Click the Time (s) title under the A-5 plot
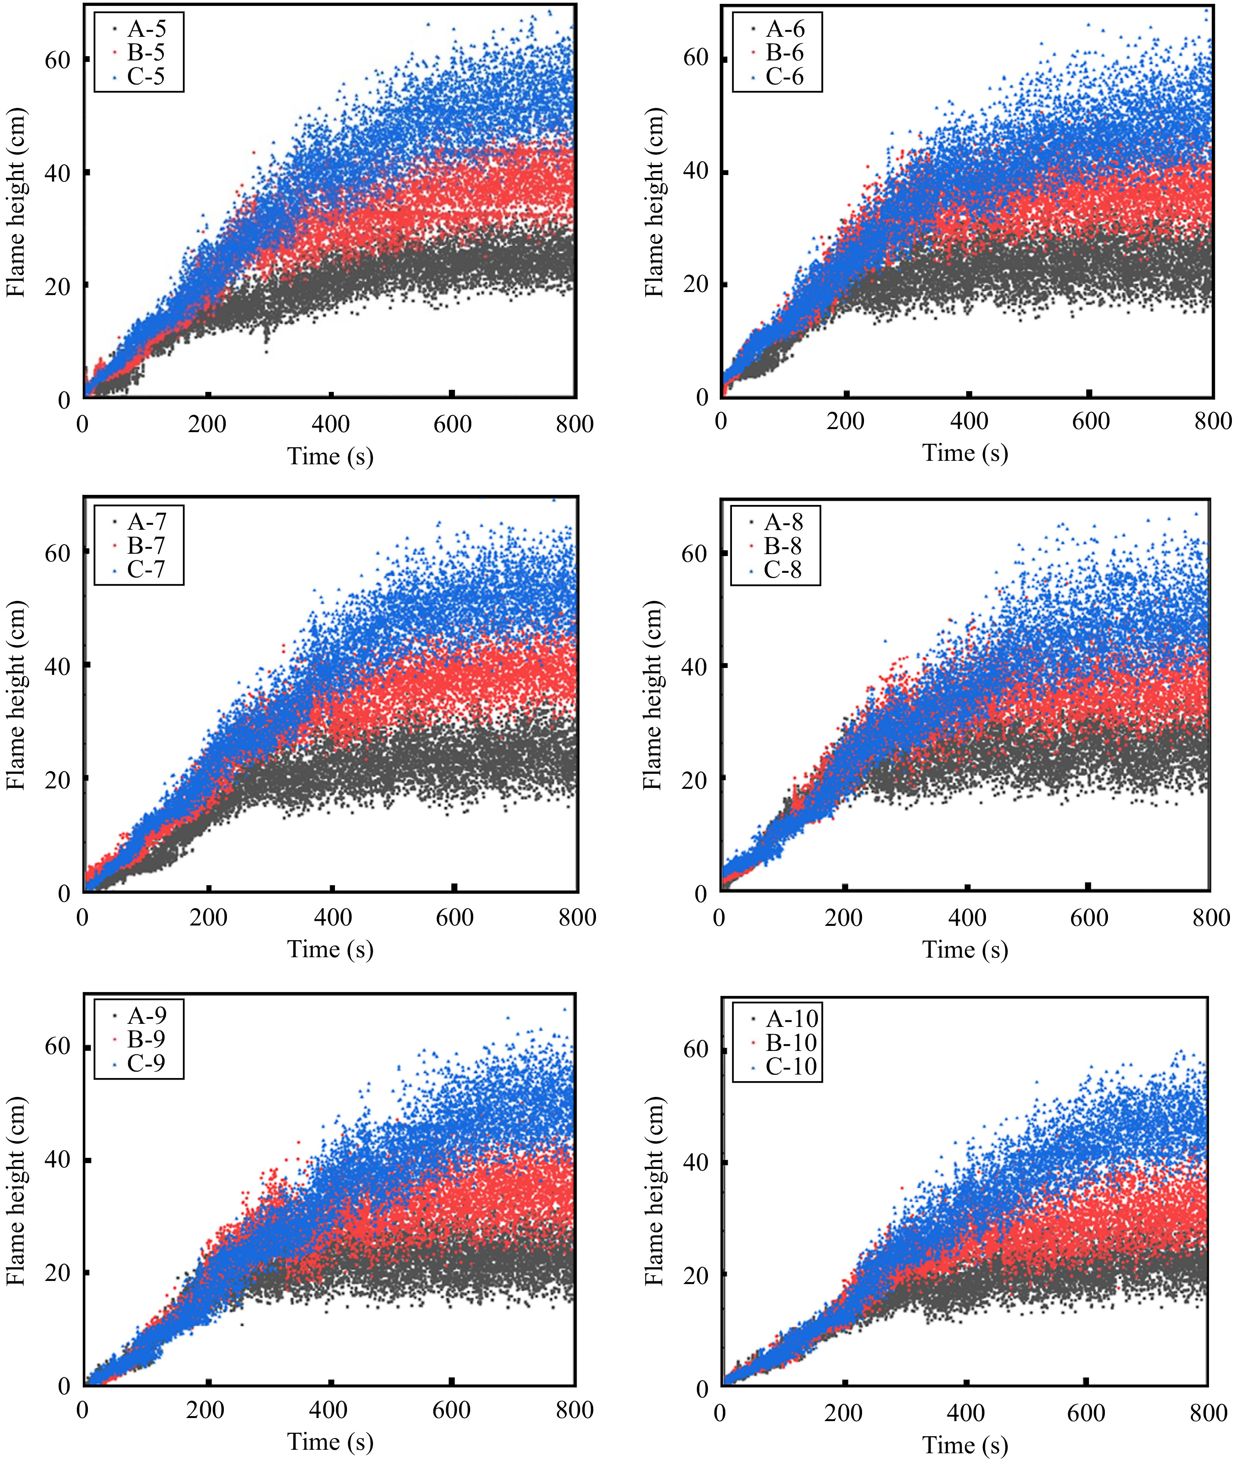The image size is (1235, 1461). [330, 457]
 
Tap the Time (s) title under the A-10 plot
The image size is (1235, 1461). [965, 1444]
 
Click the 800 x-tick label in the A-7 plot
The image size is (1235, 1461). [577, 917]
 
